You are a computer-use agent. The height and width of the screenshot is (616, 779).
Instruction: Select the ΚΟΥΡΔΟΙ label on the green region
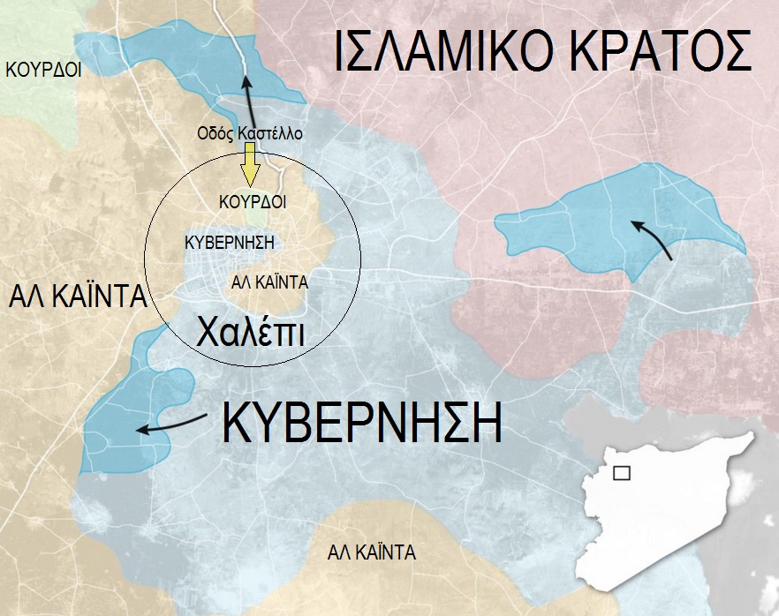(x=43, y=69)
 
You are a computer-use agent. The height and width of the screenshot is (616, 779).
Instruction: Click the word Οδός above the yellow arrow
(x=215, y=134)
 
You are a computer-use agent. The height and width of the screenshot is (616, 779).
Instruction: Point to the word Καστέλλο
(x=269, y=134)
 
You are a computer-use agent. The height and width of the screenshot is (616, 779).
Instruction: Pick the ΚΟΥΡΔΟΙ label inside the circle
(x=253, y=202)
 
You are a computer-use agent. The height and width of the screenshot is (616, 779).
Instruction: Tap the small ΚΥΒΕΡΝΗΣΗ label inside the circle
(x=230, y=241)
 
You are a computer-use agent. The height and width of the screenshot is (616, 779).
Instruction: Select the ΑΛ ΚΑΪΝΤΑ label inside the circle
(x=268, y=282)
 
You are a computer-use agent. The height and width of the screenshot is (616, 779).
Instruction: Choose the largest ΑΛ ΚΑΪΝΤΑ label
(x=77, y=297)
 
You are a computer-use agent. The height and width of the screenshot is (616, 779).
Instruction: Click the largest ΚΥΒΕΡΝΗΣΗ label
(x=362, y=424)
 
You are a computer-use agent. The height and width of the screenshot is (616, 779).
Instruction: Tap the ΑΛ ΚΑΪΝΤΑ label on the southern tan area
(x=371, y=553)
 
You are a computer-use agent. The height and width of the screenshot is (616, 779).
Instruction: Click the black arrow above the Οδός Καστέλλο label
(x=248, y=101)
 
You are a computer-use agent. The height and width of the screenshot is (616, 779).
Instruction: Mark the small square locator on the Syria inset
(x=622, y=474)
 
